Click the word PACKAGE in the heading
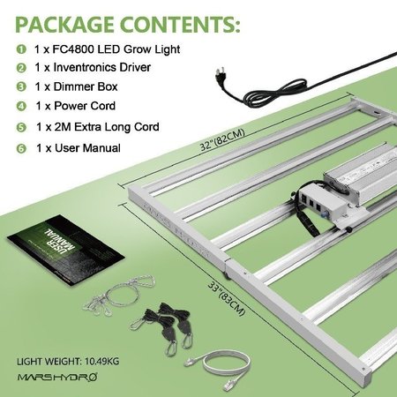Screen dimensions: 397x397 point(64,25)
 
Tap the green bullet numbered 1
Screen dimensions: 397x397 point(21,49)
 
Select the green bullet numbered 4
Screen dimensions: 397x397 point(21,106)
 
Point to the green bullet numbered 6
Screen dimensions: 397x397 point(21,148)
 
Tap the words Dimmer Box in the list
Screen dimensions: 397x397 point(86,86)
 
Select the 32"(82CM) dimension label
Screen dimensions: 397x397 point(222,139)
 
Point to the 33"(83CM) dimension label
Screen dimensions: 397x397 point(227,298)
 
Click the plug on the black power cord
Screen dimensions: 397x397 point(221,76)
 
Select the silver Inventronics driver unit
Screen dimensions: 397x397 point(361,174)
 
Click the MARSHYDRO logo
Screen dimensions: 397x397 point(57,377)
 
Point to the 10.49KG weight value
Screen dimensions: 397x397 point(101,361)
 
